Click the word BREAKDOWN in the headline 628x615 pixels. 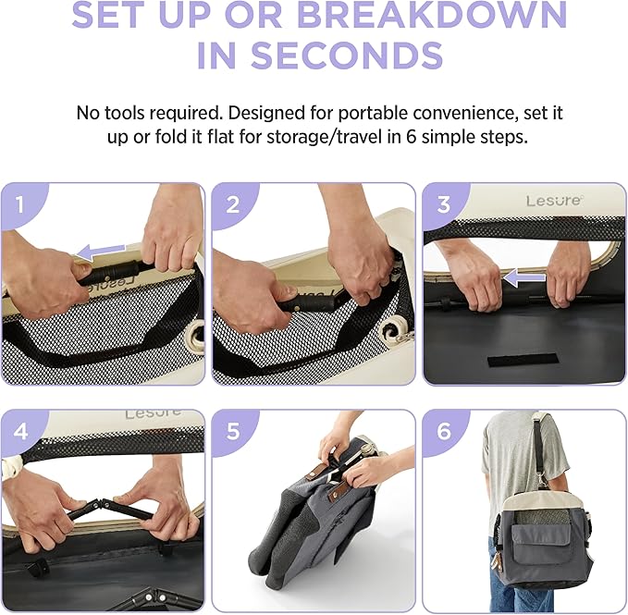point(432,15)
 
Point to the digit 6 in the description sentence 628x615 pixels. point(411,137)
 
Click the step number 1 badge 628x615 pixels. point(20,204)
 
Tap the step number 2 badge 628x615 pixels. point(233,204)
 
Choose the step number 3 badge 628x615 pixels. point(443,204)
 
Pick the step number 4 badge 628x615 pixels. point(21,432)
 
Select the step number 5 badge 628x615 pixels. point(233,432)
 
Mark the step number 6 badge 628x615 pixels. point(444,432)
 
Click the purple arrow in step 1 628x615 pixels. point(100,251)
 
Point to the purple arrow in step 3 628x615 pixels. point(524,277)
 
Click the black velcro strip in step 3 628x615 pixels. point(523,360)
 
